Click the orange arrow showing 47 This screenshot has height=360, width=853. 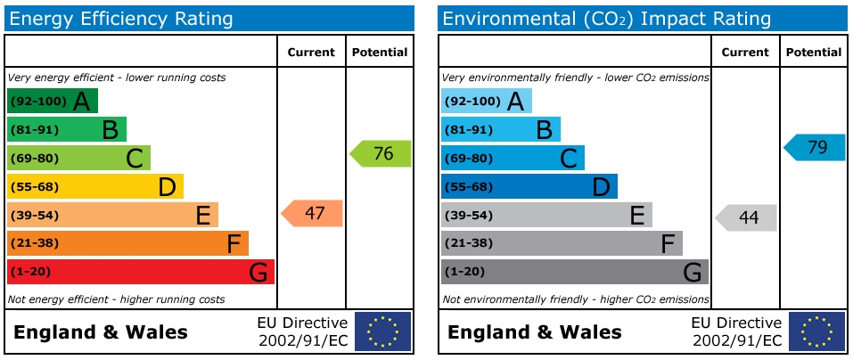point(313,214)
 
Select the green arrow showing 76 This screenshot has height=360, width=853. point(381,153)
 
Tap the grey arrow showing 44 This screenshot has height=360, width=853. point(747,217)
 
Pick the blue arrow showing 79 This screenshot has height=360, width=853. point(816,148)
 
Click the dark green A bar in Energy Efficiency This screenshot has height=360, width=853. point(52,101)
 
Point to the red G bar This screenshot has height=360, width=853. point(140,272)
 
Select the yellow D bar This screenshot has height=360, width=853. point(94,186)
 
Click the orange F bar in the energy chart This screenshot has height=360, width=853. point(127,243)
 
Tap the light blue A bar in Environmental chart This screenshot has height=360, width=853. point(486,101)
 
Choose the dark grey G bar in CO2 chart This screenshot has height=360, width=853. point(574,272)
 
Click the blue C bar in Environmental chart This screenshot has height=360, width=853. point(513,158)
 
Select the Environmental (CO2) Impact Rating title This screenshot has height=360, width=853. point(606,18)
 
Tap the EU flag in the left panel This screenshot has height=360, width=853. point(382,331)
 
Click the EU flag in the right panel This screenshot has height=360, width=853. point(816,331)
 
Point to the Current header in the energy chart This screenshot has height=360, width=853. point(311,53)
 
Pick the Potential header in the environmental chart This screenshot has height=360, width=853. point(813,53)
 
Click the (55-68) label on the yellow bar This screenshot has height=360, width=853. point(35,187)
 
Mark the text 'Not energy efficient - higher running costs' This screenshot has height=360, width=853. point(116,299)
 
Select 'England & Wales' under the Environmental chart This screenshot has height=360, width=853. point(534,333)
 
